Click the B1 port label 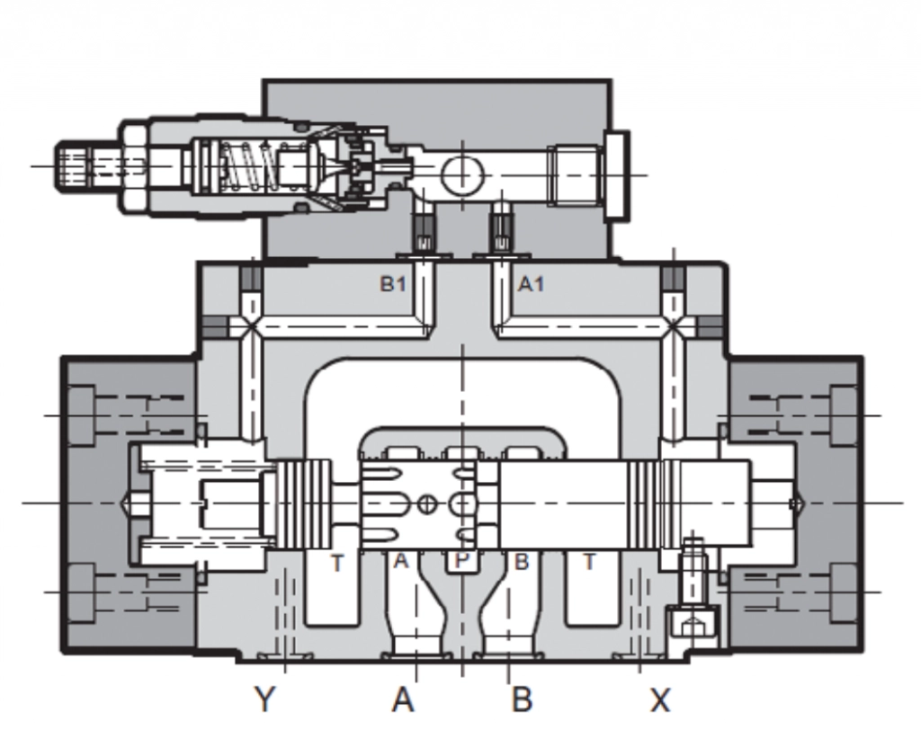[x=392, y=285]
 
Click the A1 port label [x=531, y=285]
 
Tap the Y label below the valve [x=264, y=698]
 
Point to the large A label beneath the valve [x=403, y=699]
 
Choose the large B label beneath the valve [x=522, y=699]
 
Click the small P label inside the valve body [x=461, y=562]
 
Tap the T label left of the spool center [x=336, y=563]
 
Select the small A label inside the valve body [x=401, y=562]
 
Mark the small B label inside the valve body [x=522, y=562]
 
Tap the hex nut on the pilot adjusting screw [x=132, y=165]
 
